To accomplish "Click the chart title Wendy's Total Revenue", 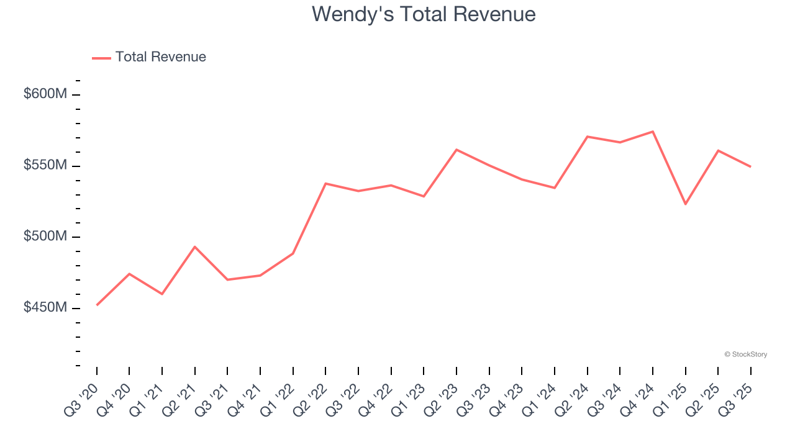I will tap(424, 14).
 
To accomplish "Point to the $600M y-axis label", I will tap(45, 94).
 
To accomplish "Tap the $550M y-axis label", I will tap(45, 166).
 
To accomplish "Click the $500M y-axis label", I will tap(45, 237).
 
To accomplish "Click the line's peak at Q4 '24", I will tap(653, 132).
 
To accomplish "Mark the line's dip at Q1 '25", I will tap(686, 204).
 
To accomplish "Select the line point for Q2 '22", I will tap(326, 184).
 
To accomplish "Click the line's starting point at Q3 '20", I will tap(97, 305).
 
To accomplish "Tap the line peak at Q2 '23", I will tap(457, 150).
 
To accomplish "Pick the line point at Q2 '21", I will tap(195, 247).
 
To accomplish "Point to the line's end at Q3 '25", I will tap(750, 166).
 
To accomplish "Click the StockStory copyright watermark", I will tap(745, 354).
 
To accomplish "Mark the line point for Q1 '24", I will tap(555, 187).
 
